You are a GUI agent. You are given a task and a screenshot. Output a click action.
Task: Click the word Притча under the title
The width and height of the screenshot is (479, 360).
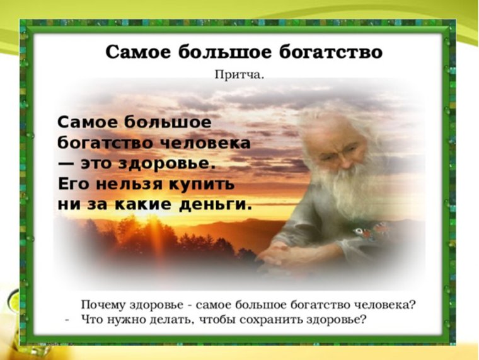[239, 75]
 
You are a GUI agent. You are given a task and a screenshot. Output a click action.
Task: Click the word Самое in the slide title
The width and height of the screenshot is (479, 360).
[135, 51]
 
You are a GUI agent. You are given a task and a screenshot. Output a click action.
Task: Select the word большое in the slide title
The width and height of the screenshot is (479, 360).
[222, 51]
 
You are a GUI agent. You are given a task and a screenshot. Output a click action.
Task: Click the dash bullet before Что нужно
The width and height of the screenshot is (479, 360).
[67, 319]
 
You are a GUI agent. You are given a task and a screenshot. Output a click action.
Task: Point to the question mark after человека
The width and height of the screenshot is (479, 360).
[413, 305]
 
